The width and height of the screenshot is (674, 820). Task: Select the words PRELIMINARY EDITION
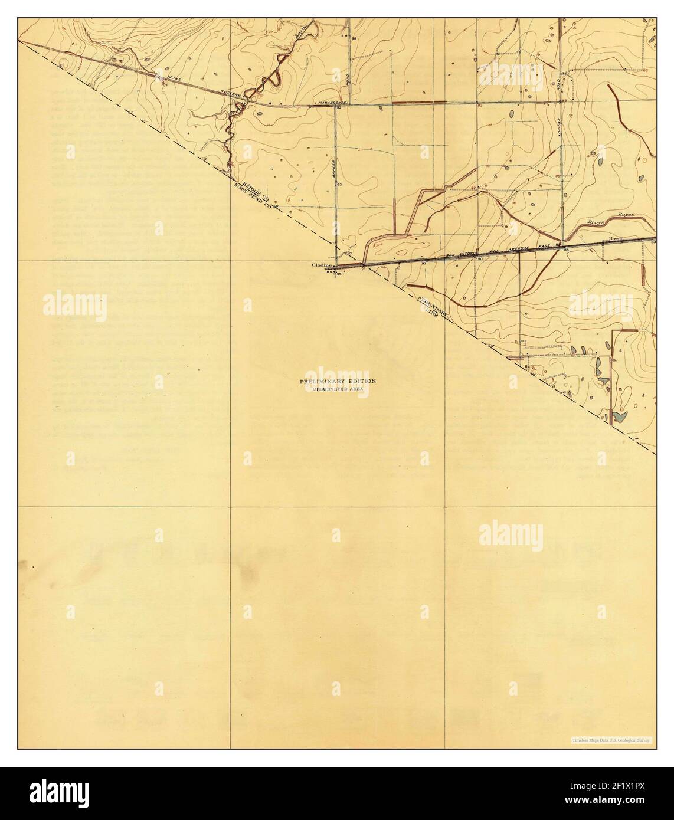tap(337, 382)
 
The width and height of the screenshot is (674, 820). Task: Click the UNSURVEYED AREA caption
tap(337, 390)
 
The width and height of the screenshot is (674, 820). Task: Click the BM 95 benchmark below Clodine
tap(335, 273)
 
